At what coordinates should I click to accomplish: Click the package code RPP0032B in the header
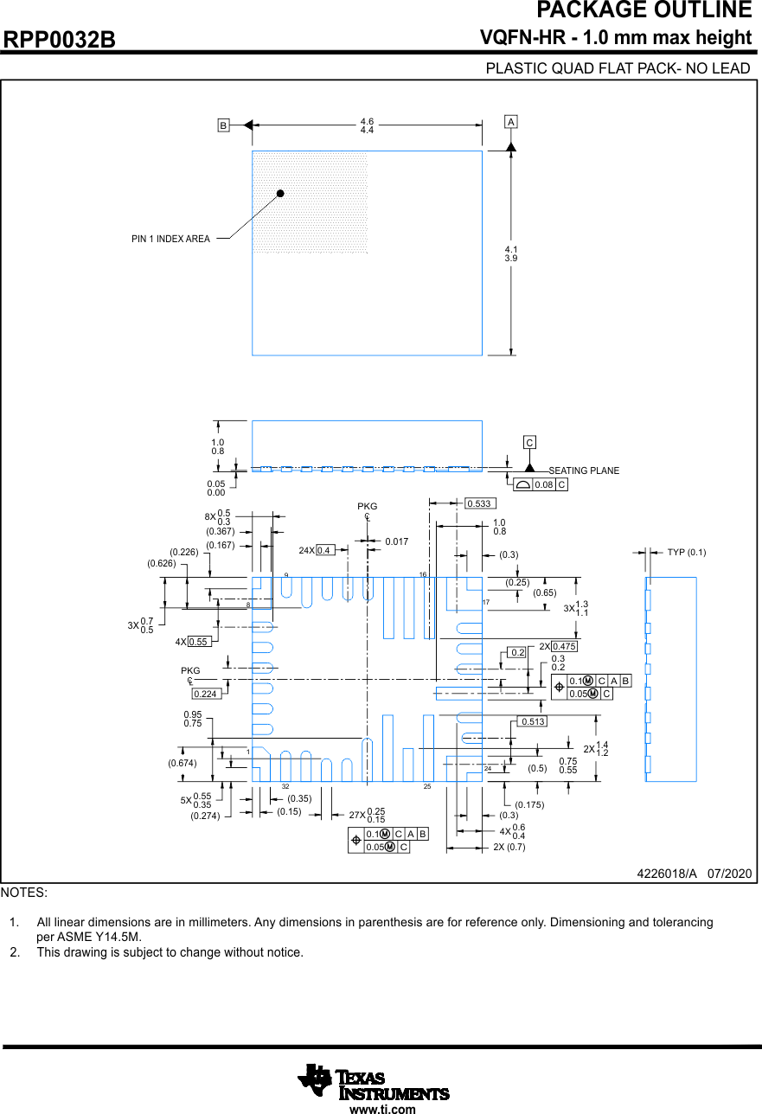point(60,40)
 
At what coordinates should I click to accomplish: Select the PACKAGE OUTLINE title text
point(644,10)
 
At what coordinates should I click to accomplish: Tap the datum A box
point(511,123)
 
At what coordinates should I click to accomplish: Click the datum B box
point(223,125)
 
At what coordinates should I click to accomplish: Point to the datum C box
point(529,443)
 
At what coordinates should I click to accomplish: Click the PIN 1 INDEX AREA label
point(170,239)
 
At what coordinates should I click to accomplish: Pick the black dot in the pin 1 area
point(280,194)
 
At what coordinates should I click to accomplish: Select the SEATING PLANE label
point(584,471)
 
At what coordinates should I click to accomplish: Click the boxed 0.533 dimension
point(478,503)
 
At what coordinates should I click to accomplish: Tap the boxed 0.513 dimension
point(534,721)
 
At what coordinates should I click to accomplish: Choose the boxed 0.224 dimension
point(206,694)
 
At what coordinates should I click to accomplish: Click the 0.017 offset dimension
point(397,541)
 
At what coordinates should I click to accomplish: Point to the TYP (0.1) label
point(686,552)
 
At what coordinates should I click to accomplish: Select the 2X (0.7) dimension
point(509,847)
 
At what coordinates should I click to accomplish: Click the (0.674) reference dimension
point(182,763)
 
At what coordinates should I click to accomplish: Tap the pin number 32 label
point(285,786)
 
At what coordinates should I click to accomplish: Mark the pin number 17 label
point(486,602)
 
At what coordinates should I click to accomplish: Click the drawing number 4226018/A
point(666,874)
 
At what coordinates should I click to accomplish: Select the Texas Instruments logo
point(374,1082)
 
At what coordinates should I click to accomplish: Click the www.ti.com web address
point(382,1109)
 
